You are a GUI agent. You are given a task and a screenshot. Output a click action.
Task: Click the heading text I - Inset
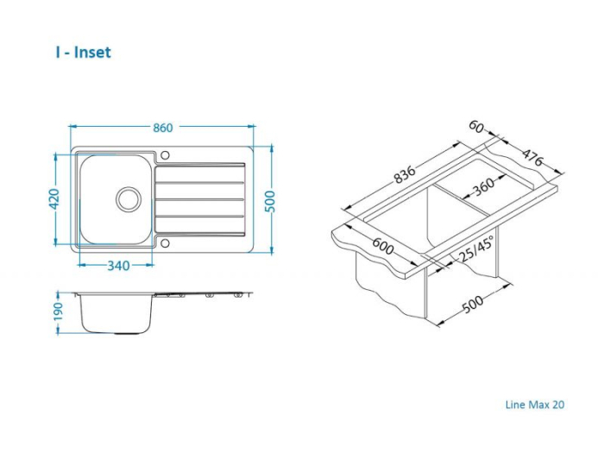point(83,53)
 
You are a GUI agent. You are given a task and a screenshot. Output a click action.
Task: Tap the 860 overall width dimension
point(162,128)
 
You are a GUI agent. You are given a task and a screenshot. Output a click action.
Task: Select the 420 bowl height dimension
point(53,198)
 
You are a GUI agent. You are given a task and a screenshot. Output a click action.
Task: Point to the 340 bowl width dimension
point(118,266)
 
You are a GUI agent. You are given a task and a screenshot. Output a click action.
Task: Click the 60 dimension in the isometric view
point(476,126)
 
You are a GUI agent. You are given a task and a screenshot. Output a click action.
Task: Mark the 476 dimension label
point(532,155)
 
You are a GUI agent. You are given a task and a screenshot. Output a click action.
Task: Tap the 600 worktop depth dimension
point(383,248)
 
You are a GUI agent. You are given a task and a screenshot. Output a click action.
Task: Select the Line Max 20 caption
point(534,404)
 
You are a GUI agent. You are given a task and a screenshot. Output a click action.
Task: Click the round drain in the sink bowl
point(128,198)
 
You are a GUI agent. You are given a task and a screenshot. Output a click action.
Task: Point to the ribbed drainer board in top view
point(200,199)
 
